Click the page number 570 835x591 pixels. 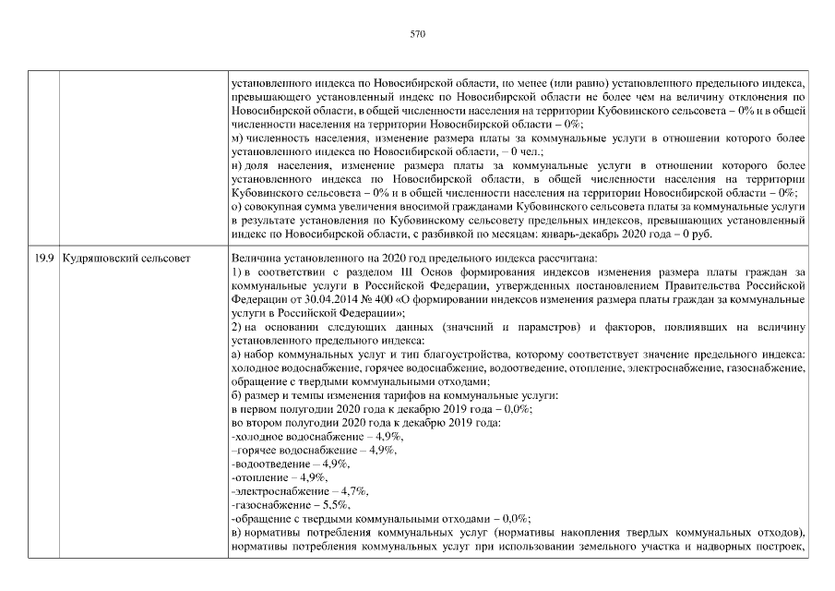[x=417, y=34]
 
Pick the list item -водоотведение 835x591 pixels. [x=269, y=463]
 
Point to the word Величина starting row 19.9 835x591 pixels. [x=253, y=258]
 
